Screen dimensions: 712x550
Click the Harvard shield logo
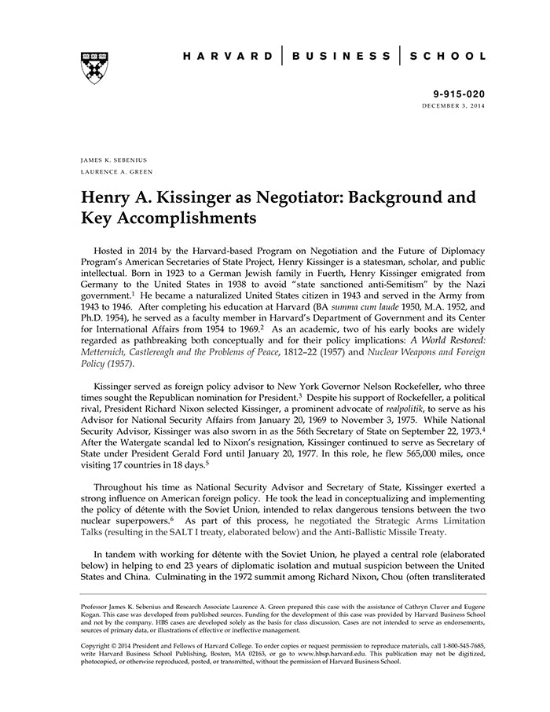pyautogui.click(x=94, y=68)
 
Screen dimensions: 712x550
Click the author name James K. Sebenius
pyautogui.click(x=113, y=160)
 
